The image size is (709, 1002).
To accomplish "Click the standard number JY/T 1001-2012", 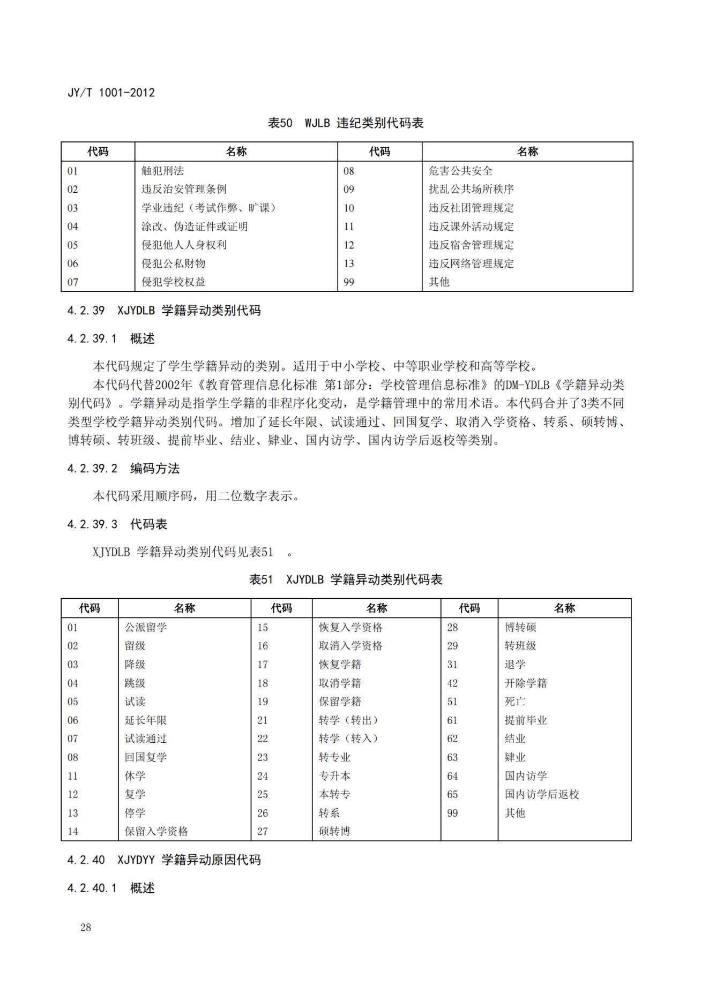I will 111,93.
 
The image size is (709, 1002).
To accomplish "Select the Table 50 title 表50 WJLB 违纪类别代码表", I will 346,123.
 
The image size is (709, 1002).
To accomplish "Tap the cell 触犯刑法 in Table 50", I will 162,171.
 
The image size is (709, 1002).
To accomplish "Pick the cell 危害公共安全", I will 460,171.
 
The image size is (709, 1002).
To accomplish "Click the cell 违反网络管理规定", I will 471,263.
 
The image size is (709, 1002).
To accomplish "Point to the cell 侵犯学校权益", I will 173,282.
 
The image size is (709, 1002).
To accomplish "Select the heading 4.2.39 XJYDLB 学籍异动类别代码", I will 164,311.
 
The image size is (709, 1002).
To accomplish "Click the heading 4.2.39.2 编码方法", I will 123,469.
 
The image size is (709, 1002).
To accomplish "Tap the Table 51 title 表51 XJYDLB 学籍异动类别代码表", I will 346,579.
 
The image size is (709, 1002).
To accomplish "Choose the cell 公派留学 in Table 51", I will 146,627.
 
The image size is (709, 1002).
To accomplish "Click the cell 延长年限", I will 146,720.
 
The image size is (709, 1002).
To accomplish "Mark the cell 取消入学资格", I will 350,646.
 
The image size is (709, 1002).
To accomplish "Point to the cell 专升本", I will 334,776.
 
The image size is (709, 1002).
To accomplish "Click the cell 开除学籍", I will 526,683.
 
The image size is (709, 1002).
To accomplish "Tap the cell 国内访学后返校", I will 542,794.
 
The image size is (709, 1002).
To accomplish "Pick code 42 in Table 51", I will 453,683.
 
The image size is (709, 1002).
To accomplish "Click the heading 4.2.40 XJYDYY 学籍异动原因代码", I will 164,860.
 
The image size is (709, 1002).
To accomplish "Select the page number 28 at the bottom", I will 86,928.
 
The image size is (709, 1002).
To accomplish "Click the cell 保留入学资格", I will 156,832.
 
